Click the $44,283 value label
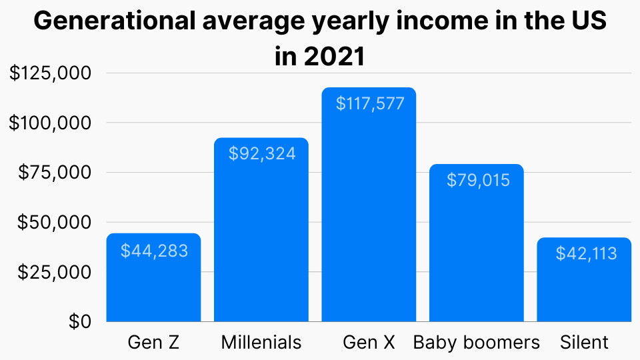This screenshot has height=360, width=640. pos(154,251)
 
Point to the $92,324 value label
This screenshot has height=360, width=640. pos(262,153)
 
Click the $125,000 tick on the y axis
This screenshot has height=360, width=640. pos(50,73)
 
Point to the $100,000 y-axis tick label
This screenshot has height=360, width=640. pos(50,123)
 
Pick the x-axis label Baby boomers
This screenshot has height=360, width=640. pos(476,343)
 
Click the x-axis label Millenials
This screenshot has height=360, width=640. pos(261,343)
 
